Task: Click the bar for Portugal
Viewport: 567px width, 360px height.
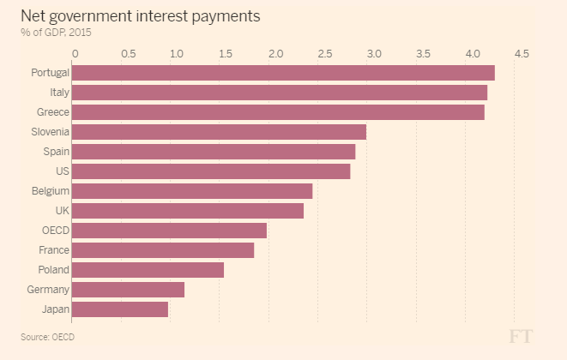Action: [x=284, y=73]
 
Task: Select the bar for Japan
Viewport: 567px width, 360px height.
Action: [x=121, y=309]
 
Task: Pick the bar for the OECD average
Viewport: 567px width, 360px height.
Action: [x=170, y=231]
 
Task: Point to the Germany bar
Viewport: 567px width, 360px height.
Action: [x=129, y=290]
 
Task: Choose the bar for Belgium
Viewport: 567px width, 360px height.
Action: [x=193, y=191]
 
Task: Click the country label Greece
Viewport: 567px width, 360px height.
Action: [x=53, y=112]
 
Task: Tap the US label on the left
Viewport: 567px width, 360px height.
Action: [x=63, y=171]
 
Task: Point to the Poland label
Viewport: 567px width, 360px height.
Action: [x=54, y=270]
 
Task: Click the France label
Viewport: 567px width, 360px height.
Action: [x=54, y=250]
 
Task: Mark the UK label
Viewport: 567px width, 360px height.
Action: [x=62, y=211]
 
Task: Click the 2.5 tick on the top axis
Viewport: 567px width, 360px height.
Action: [x=325, y=54]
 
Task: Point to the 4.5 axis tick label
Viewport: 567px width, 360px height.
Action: [x=521, y=54]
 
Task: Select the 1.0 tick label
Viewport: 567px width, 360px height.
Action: [x=177, y=54]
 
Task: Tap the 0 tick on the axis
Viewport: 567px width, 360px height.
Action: [x=75, y=54]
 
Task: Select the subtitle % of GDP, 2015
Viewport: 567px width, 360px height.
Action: [x=57, y=33]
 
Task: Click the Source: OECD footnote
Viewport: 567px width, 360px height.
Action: [x=48, y=337]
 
